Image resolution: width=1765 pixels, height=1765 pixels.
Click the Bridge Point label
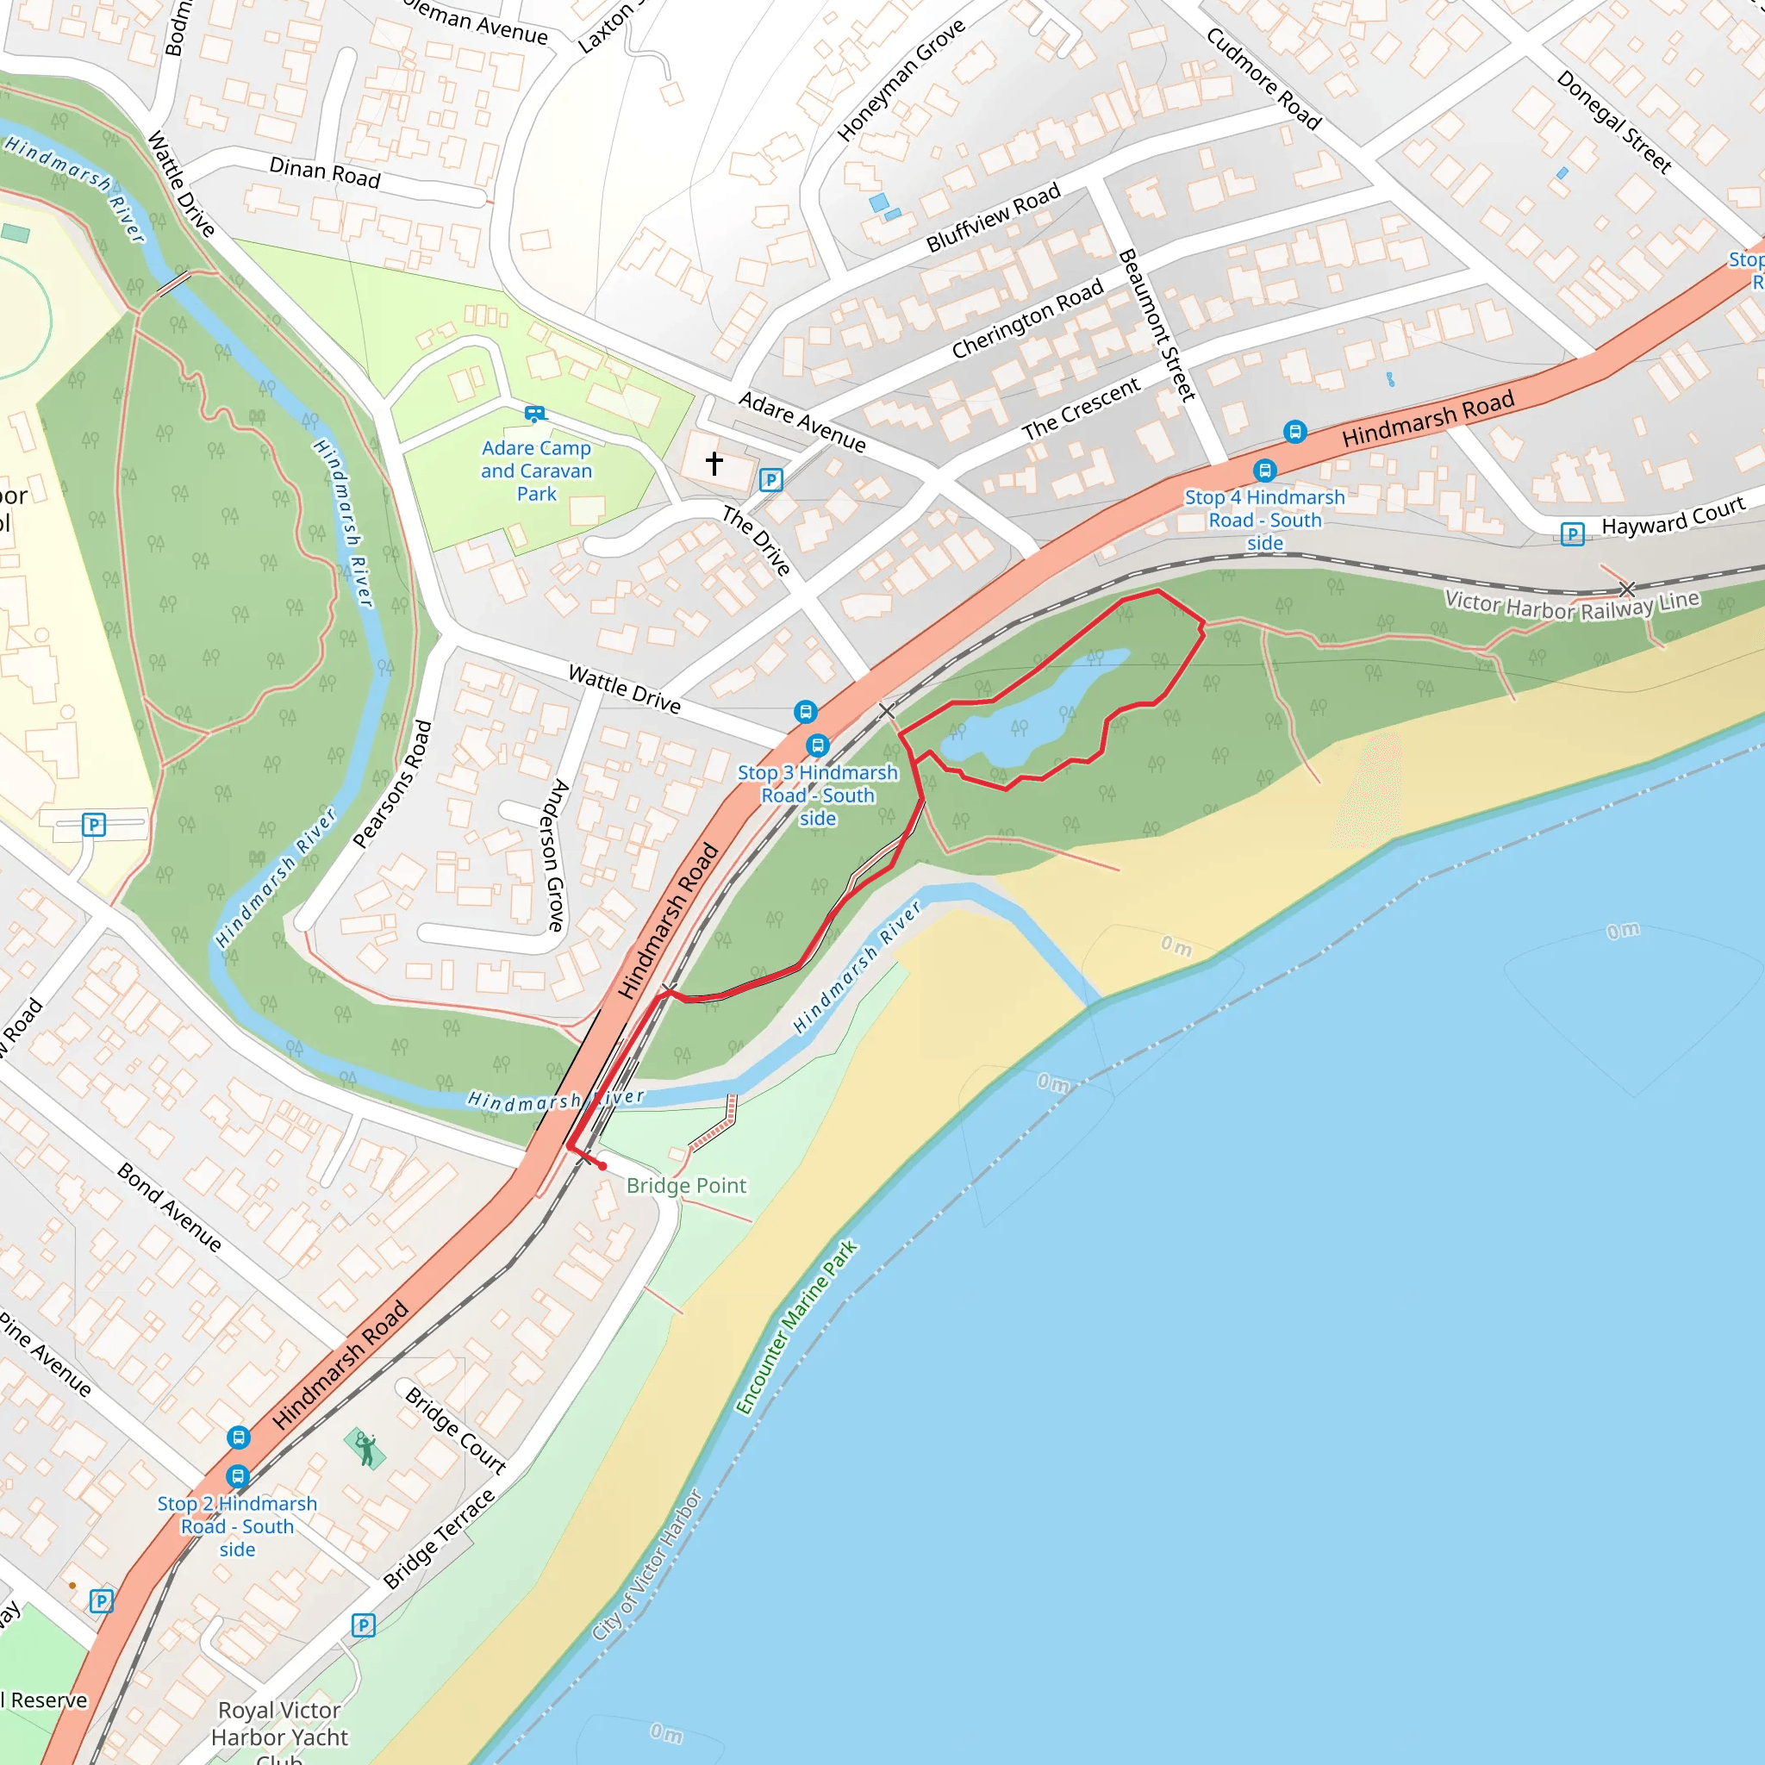tap(686, 1186)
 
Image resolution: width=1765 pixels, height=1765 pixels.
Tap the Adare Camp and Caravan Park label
tap(536, 471)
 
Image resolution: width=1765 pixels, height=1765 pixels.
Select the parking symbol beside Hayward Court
tap(1572, 533)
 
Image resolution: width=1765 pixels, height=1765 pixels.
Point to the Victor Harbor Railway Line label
tap(1571, 605)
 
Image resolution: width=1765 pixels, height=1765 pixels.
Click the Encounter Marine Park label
tap(796, 1327)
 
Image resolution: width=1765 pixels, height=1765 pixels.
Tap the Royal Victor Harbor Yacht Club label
tap(279, 1736)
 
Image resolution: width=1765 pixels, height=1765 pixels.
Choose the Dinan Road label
tap(324, 172)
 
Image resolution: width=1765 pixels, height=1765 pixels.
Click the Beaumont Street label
tap(1157, 325)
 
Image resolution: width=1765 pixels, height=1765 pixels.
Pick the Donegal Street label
tap(1614, 122)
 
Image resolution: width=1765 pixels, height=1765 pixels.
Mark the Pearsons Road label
tap(392, 784)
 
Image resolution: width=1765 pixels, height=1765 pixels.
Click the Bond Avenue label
tap(170, 1207)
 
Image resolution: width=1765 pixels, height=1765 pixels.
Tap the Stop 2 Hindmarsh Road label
tap(238, 1525)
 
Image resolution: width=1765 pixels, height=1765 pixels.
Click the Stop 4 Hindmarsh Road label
tap(1264, 520)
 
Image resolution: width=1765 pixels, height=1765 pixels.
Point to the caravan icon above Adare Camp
tap(535, 414)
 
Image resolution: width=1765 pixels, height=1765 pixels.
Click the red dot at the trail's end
tap(603, 1167)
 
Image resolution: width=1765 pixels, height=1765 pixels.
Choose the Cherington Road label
tap(1028, 319)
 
